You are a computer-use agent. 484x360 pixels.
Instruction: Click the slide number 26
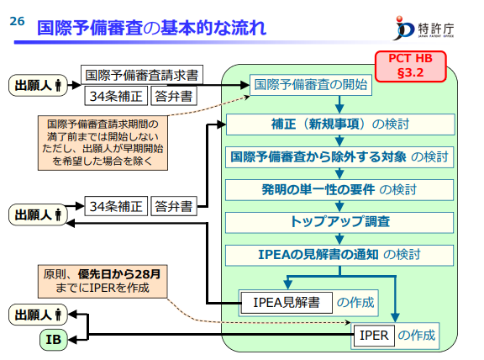click(17, 22)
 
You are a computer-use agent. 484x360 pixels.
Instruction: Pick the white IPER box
click(372, 336)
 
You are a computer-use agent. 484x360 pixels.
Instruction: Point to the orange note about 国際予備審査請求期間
click(106, 140)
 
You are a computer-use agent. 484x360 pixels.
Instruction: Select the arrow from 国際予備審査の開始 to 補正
click(339, 103)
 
